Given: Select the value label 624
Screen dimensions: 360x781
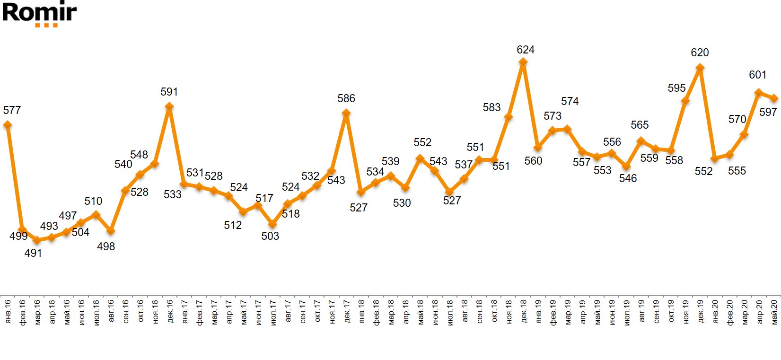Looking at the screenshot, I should coord(526,50).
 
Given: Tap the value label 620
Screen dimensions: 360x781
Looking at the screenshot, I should coord(700,53).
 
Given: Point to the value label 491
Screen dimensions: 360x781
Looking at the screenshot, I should coord(33,253).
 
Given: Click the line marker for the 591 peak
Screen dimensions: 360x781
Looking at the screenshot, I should coord(169,106).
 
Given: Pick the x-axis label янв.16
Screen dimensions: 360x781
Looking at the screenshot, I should coord(8,311).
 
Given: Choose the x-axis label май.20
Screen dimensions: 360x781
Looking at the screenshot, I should coord(774,311).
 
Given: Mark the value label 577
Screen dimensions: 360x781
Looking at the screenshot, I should coord(12,110).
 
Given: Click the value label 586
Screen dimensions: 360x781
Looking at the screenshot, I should coord(346,98).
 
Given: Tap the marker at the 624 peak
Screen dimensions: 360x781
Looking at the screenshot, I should coord(523,62).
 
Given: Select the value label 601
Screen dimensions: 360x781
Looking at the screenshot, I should coord(757,75).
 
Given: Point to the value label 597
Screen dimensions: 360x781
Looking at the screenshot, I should coord(768,112).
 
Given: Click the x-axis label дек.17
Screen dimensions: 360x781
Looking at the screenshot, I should coord(347,311).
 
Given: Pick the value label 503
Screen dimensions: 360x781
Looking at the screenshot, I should coord(270,236).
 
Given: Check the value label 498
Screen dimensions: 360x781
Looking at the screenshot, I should coord(106,246).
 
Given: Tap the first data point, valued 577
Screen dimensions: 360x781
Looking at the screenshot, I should coord(7,124).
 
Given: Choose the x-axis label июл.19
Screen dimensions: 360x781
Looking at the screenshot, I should coord(627,311).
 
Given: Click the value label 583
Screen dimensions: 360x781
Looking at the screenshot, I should coord(491,107).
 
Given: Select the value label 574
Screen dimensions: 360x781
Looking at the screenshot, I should coord(570,101).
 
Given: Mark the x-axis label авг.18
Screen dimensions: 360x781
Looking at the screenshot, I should coord(465,311).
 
